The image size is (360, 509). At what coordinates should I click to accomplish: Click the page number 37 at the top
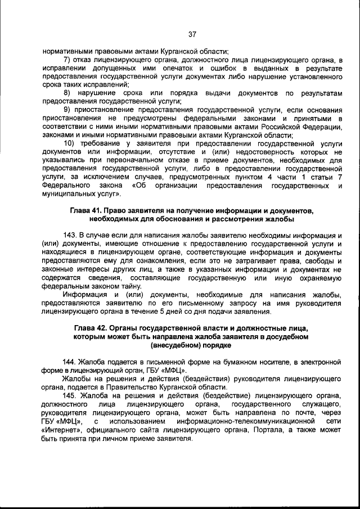pyautogui.click(x=192, y=34)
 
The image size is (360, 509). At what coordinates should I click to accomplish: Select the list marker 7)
pyautogui.click(x=67, y=60)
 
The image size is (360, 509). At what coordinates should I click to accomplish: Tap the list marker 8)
pyautogui.click(x=67, y=92)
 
